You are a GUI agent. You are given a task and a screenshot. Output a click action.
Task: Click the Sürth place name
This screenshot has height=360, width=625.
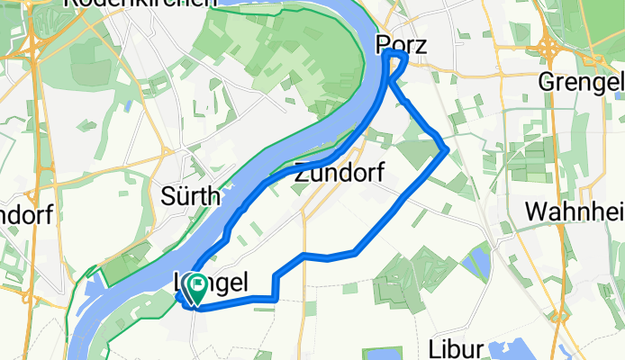[x=186, y=193]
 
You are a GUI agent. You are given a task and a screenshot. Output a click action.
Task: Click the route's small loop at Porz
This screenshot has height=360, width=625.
[x=396, y=60]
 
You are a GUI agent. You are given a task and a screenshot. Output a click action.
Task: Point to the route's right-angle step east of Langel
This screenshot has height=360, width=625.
[x=274, y=286]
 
